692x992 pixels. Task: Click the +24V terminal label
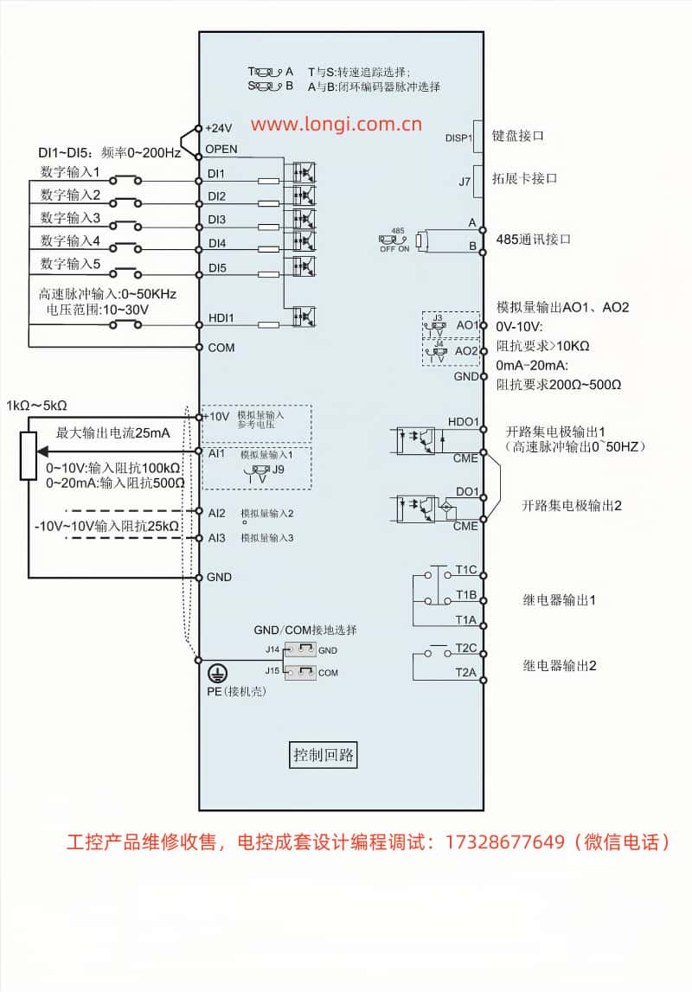[x=218, y=127]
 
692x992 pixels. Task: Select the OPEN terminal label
[x=221, y=150]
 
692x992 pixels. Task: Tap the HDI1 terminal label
[x=221, y=318]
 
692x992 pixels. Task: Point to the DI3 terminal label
[x=216, y=220]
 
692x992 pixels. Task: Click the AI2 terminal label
[x=216, y=513]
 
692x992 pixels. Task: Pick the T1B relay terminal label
[x=466, y=595]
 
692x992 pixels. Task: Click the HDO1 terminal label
[x=464, y=422]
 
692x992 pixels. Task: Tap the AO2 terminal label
[x=467, y=351]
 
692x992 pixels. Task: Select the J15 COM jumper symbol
[x=299, y=671]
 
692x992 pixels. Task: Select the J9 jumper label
[x=278, y=470]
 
